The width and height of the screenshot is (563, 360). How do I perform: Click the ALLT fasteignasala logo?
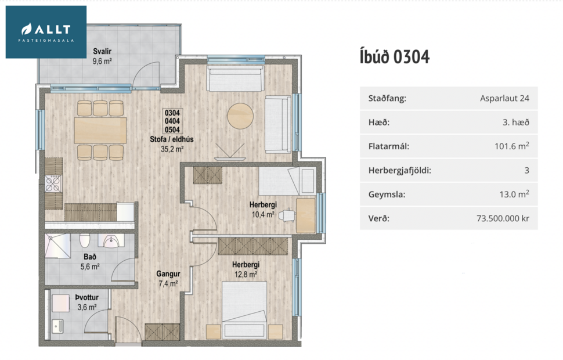(x=46, y=32)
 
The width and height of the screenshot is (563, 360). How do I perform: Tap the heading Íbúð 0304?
(x=395, y=57)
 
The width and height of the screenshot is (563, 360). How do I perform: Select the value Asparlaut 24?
(x=504, y=99)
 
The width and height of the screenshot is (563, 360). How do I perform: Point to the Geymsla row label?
(x=387, y=195)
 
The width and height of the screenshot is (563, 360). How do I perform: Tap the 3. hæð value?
(x=515, y=123)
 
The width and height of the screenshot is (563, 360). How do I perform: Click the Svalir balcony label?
(x=102, y=52)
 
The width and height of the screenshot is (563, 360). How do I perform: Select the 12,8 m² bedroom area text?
(x=246, y=275)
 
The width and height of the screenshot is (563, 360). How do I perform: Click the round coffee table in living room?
(x=240, y=116)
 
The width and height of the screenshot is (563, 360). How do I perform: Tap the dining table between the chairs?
(x=100, y=130)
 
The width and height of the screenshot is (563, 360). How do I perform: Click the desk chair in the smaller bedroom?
(x=286, y=215)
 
